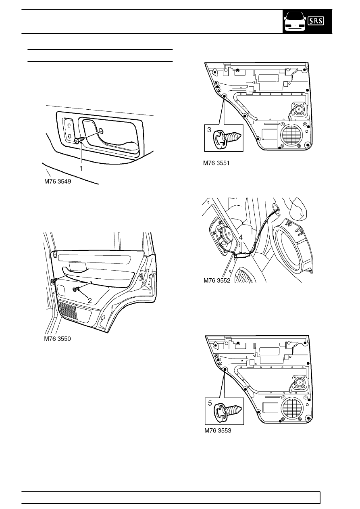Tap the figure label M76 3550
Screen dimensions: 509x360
point(57,339)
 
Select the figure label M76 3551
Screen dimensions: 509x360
point(219,163)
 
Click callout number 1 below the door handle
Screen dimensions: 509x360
point(81,168)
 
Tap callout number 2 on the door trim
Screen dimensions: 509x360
point(90,300)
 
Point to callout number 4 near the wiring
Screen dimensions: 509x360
point(241,238)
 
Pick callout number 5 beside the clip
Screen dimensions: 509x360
point(210,402)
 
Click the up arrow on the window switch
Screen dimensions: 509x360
point(69,125)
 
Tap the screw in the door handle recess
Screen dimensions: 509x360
point(79,140)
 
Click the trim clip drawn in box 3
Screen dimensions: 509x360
point(227,138)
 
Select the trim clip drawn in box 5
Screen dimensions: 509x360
point(227,411)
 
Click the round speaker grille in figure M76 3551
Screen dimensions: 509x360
point(291,134)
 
